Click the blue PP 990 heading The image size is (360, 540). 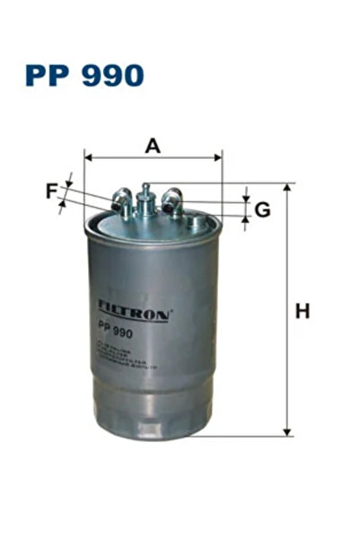[83, 75]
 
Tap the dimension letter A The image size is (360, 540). [152, 146]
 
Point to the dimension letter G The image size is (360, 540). [262, 209]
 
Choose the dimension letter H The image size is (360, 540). [303, 312]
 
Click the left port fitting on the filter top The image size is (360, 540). [123, 202]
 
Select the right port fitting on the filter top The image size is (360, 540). [173, 200]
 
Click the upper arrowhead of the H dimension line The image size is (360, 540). [288, 189]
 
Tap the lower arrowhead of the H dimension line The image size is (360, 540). [288, 432]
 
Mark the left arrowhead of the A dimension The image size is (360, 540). [89, 158]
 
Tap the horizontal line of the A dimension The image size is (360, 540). [153, 158]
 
